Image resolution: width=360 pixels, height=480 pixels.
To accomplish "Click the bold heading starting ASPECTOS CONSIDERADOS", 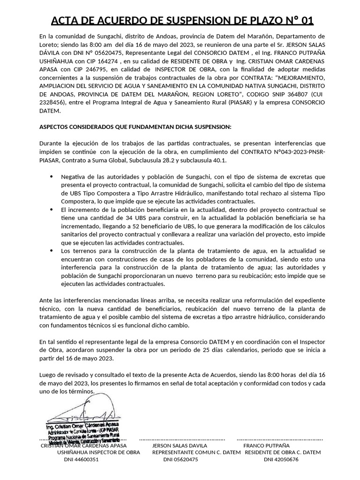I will tap(135, 127).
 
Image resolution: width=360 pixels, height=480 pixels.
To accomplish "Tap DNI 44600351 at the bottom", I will tap(82, 460).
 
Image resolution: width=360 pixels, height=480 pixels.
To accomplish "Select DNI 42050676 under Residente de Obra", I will tap(281, 460).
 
